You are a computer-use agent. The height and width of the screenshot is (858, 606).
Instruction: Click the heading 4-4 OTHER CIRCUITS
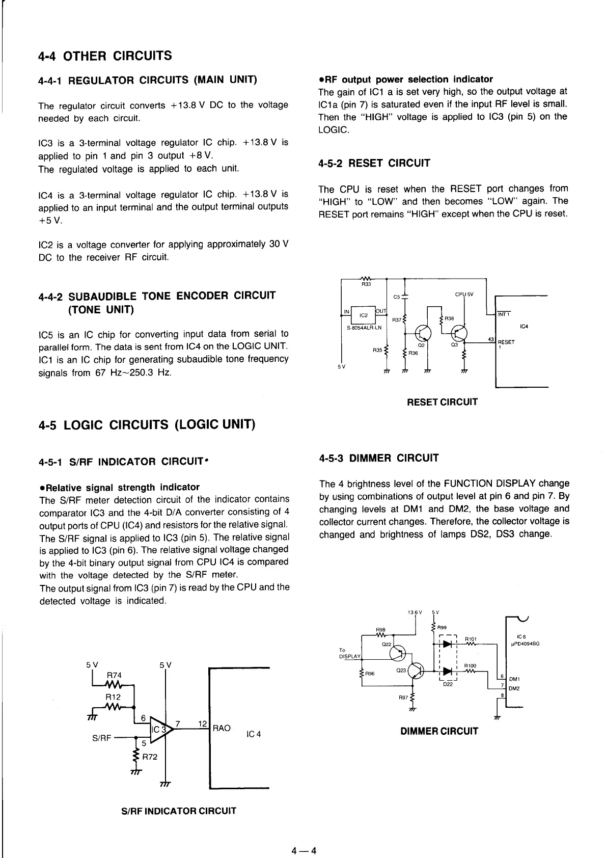click(x=105, y=56)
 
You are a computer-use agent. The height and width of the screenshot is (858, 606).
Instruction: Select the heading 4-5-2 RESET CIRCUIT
click(x=374, y=163)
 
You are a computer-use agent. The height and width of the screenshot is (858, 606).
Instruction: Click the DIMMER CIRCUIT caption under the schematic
click(x=439, y=731)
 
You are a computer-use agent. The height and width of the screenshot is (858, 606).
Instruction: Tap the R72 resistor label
click(x=150, y=757)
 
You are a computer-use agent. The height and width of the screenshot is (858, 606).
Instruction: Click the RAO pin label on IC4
click(x=222, y=728)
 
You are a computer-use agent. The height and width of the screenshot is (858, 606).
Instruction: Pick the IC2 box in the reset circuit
click(x=364, y=315)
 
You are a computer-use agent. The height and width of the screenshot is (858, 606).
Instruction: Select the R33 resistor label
click(x=366, y=285)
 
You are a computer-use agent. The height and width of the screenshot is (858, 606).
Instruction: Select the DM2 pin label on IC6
click(x=514, y=689)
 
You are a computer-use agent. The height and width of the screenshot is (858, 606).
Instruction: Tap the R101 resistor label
click(x=472, y=638)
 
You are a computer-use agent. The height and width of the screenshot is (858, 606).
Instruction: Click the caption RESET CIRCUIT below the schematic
click(x=443, y=402)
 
